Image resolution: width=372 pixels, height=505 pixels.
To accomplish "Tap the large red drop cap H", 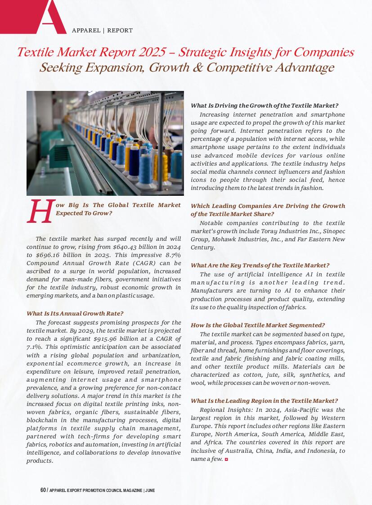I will (x=40, y=212).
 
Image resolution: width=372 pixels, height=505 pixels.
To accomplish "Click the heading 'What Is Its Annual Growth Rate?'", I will (x=75, y=313).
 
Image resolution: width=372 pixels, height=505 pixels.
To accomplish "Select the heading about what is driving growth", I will (x=264, y=105).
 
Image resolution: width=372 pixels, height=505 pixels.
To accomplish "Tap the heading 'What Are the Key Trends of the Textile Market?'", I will (x=260, y=266).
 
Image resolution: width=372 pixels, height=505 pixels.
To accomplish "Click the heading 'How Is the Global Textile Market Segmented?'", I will (x=258, y=325).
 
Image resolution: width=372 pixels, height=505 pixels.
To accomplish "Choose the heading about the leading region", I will (x=264, y=401).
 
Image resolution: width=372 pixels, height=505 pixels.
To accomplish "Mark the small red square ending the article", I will (x=226, y=459).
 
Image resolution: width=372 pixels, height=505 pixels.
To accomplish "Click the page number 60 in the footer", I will (x=43, y=490).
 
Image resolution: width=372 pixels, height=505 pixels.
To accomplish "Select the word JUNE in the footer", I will (x=150, y=490).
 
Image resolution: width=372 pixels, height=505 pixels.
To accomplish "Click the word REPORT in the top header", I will (x=120, y=31).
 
